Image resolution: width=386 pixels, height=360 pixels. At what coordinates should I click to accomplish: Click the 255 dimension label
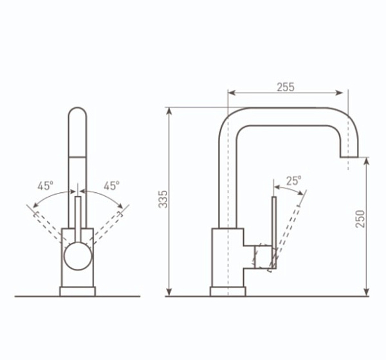[286, 87]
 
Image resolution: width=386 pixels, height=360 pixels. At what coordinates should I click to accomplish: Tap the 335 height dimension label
[163, 199]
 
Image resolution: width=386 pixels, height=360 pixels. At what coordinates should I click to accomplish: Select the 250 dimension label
[360, 219]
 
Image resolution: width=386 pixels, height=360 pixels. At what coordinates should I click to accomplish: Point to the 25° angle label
[293, 181]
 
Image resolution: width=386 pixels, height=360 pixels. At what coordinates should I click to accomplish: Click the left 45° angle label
[45, 186]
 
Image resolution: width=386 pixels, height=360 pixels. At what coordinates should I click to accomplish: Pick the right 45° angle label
[111, 186]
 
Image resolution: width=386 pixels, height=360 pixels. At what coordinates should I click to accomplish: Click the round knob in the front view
[78, 256]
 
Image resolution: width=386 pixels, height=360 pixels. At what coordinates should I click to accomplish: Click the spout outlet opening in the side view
[349, 157]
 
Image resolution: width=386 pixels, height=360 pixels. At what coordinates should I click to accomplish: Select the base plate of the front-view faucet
[78, 291]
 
